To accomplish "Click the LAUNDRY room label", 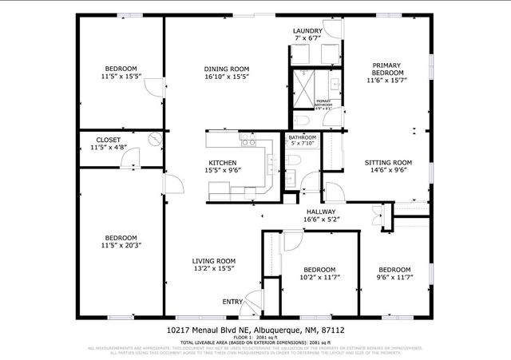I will click(307, 31).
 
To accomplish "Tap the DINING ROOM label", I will click(227, 69).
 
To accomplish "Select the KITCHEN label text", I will click(224, 163).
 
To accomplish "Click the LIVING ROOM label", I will click(213, 261).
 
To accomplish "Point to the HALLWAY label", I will click(319, 212).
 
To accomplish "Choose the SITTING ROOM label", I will click(387, 162).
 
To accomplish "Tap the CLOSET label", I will click(109, 140).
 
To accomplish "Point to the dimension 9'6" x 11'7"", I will click(394, 278).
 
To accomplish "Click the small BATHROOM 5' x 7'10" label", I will click(302, 141).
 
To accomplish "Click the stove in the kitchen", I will click(248, 144).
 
